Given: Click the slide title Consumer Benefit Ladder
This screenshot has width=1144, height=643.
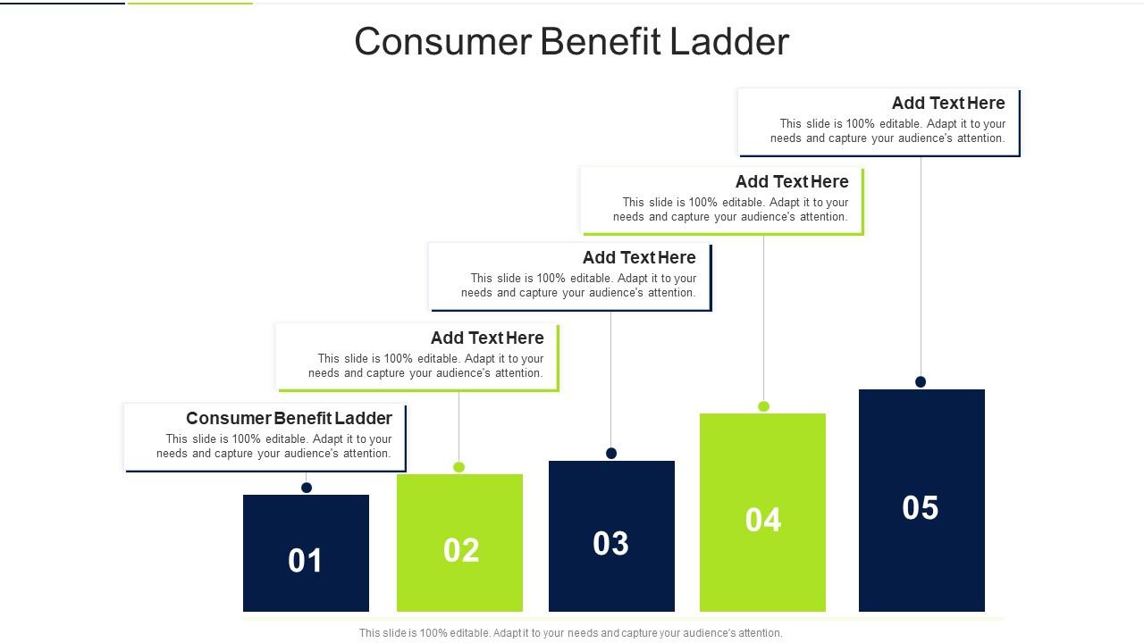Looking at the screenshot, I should tap(572, 42).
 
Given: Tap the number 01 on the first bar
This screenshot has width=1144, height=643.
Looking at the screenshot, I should tap(306, 561).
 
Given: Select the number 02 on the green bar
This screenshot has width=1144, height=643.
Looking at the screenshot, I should tap(461, 550).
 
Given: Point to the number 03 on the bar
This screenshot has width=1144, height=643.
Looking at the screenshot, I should tap(611, 544).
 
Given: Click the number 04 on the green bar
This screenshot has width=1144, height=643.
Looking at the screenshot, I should tap(763, 520).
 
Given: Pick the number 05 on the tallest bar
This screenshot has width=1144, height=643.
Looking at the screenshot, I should tap(921, 508).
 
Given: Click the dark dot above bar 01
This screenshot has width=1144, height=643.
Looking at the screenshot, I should tap(307, 488).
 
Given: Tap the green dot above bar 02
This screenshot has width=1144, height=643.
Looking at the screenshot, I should tap(459, 467).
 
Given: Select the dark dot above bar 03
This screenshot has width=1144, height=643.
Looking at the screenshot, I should tap(611, 454).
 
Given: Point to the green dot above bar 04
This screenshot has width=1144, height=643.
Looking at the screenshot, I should tap(764, 406).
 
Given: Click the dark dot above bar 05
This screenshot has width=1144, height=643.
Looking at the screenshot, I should tap(921, 382).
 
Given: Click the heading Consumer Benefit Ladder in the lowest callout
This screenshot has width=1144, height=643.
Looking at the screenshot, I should tap(289, 418).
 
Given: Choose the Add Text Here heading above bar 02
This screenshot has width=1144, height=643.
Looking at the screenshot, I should tap(487, 338).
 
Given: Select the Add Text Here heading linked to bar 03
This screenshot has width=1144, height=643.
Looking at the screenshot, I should tap(639, 257).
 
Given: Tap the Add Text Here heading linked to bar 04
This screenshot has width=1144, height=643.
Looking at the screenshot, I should tap(792, 181).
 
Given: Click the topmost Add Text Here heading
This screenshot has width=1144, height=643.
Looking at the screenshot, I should tap(948, 103).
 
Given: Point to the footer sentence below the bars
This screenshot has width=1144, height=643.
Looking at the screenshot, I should tap(570, 633).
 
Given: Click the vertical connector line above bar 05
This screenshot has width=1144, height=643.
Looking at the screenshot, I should tap(921, 268).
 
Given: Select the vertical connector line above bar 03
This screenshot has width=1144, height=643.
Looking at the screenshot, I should tap(611, 380).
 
